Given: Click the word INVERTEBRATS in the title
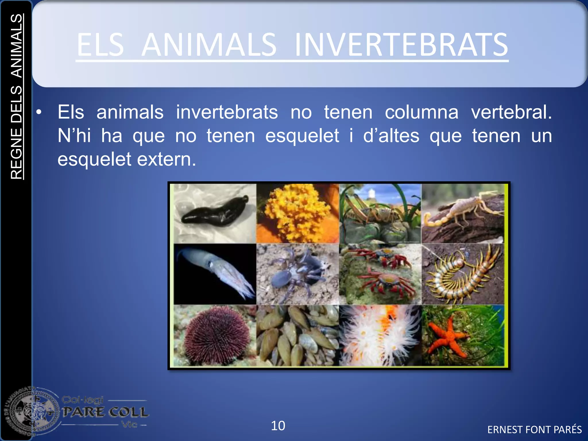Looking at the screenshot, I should (401, 45).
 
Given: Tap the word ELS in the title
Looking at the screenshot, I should (100, 45).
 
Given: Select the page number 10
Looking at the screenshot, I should (278, 425).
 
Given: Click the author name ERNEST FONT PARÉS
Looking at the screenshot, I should (534, 430).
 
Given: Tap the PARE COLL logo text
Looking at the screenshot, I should (105, 412).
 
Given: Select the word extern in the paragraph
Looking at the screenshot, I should (167, 159).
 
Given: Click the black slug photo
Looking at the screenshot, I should (215, 212).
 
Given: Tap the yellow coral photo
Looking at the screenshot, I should (297, 212).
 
